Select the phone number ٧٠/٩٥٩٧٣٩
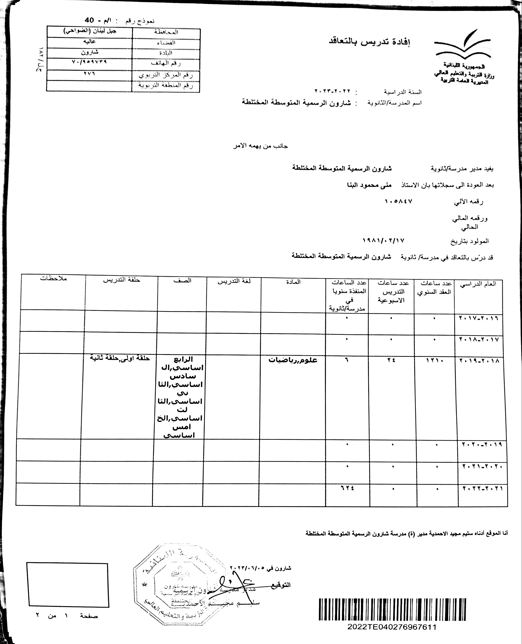[x=90, y=62]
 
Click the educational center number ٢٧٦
[x=90, y=73]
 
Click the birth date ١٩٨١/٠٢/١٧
[x=383, y=240]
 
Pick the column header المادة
[x=293, y=282]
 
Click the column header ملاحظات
[x=53, y=278]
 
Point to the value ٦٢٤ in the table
[x=347, y=488]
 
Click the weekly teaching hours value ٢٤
[x=391, y=360]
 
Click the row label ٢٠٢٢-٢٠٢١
[x=482, y=488]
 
